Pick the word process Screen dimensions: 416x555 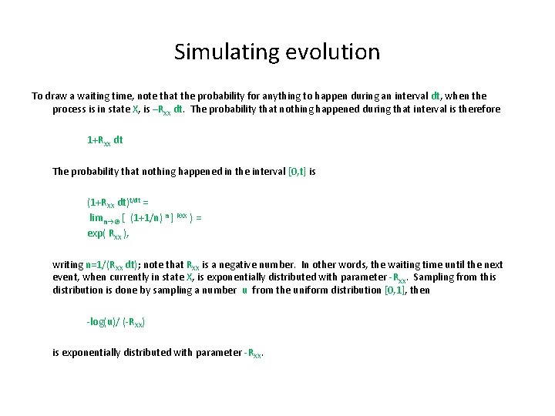pos(70,109)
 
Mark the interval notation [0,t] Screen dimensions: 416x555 pos(297,172)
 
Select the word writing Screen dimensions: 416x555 pos(68,263)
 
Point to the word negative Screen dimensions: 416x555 pos(241,263)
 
